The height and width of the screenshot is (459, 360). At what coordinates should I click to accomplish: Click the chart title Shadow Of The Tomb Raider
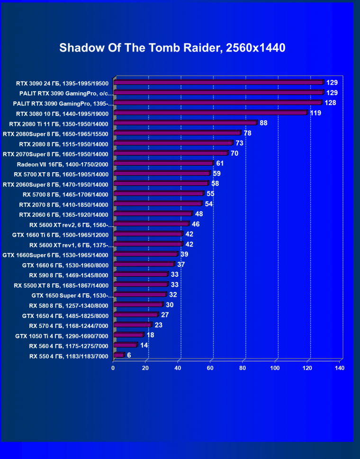pos(172,48)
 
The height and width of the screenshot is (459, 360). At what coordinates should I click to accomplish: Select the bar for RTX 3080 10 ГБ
pos(210,113)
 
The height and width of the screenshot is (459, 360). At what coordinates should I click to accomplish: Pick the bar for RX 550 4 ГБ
pos(118,355)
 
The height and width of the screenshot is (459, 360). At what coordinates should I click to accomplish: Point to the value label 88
pos(264,123)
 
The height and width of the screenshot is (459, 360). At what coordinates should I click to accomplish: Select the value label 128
pos(330,103)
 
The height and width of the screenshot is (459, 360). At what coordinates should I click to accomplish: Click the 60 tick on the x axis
pos(210,368)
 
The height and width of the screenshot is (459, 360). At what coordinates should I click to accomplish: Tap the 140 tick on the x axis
pos(339,368)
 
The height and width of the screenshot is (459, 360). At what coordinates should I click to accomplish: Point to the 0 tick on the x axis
pos(113,368)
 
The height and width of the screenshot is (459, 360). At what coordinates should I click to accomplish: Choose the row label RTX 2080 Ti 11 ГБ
pos(59,124)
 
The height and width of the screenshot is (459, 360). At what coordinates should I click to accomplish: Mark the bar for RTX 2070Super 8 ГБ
pos(171,153)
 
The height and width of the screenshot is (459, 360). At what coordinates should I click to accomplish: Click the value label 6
pos(129,355)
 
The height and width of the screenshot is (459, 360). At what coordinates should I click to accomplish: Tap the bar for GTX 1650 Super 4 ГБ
pos(140,294)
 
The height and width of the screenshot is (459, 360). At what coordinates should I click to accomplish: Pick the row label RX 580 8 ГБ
pos(69,305)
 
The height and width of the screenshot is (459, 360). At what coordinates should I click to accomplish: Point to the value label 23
pos(159,325)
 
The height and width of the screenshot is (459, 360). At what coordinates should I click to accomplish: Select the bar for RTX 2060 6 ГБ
pos(153,214)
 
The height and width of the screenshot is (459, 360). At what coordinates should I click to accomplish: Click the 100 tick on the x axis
pos(275,368)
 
